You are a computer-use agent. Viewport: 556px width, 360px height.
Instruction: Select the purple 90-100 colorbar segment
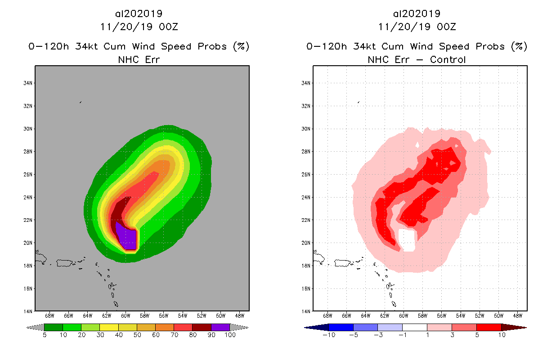[220, 327]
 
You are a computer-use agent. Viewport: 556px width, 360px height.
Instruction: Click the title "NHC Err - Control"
[417, 59]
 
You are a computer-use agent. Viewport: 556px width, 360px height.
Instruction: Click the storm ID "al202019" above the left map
[139, 13]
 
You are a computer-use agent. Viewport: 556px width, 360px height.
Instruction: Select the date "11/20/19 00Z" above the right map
[417, 27]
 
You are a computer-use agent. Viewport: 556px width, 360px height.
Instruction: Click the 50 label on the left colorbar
[137, 335]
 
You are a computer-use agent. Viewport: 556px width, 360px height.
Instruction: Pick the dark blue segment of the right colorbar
[341, 327]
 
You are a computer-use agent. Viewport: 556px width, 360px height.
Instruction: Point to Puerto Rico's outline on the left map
[67, 262]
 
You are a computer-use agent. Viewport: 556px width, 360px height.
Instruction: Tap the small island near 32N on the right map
[358, 102]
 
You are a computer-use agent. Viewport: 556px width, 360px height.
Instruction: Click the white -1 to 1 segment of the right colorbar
[414, 327]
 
